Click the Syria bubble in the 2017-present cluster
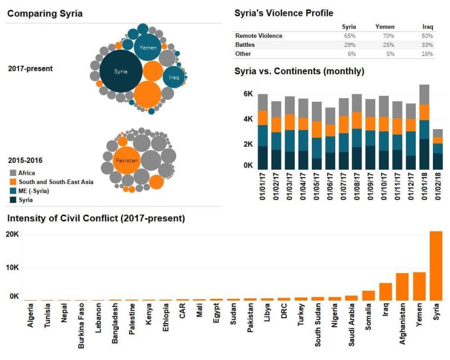tap(120, 72)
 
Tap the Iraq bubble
tap(174, 77)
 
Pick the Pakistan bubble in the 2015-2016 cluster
tap(126, 161)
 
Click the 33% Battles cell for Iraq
tap(427, 45)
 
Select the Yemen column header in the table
tap(384, 27)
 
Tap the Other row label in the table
tap(243, 54)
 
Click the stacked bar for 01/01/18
tap(424, 127)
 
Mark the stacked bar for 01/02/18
tap(437, 149)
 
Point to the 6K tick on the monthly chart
tap(247, 94)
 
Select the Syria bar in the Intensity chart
tap(436, 266)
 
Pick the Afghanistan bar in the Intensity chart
tap(402, 286)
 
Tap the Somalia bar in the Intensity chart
tap(368, 295)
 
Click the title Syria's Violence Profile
tap(284, 13)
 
